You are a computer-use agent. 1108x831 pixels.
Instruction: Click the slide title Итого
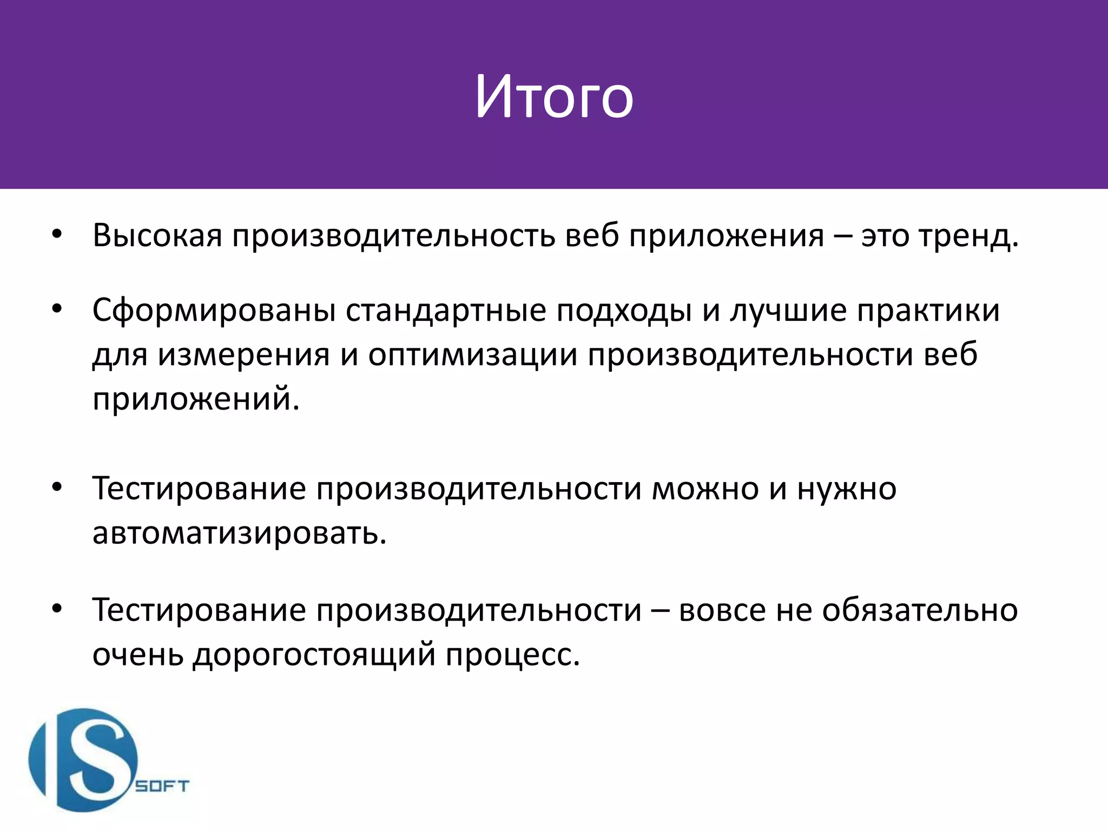click(x=554, y=98)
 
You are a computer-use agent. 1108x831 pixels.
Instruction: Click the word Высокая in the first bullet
click(x=157, y=236)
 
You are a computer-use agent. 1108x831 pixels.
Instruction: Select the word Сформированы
click(x=214, y=311)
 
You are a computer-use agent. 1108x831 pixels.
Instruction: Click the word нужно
click(x=847, y=489)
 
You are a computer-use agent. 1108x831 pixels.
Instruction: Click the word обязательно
click(x=920, y=610)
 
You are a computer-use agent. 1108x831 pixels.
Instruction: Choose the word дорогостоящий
click(x=314, y=655)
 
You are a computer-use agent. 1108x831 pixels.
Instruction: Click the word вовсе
click(x=722, y=610)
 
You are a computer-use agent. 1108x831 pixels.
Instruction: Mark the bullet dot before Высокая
click(x=57, y=235)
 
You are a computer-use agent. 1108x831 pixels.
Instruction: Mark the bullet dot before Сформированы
click(x=57, y=309)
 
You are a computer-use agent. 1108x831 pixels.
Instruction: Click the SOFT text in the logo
click(x=162, y=786)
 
